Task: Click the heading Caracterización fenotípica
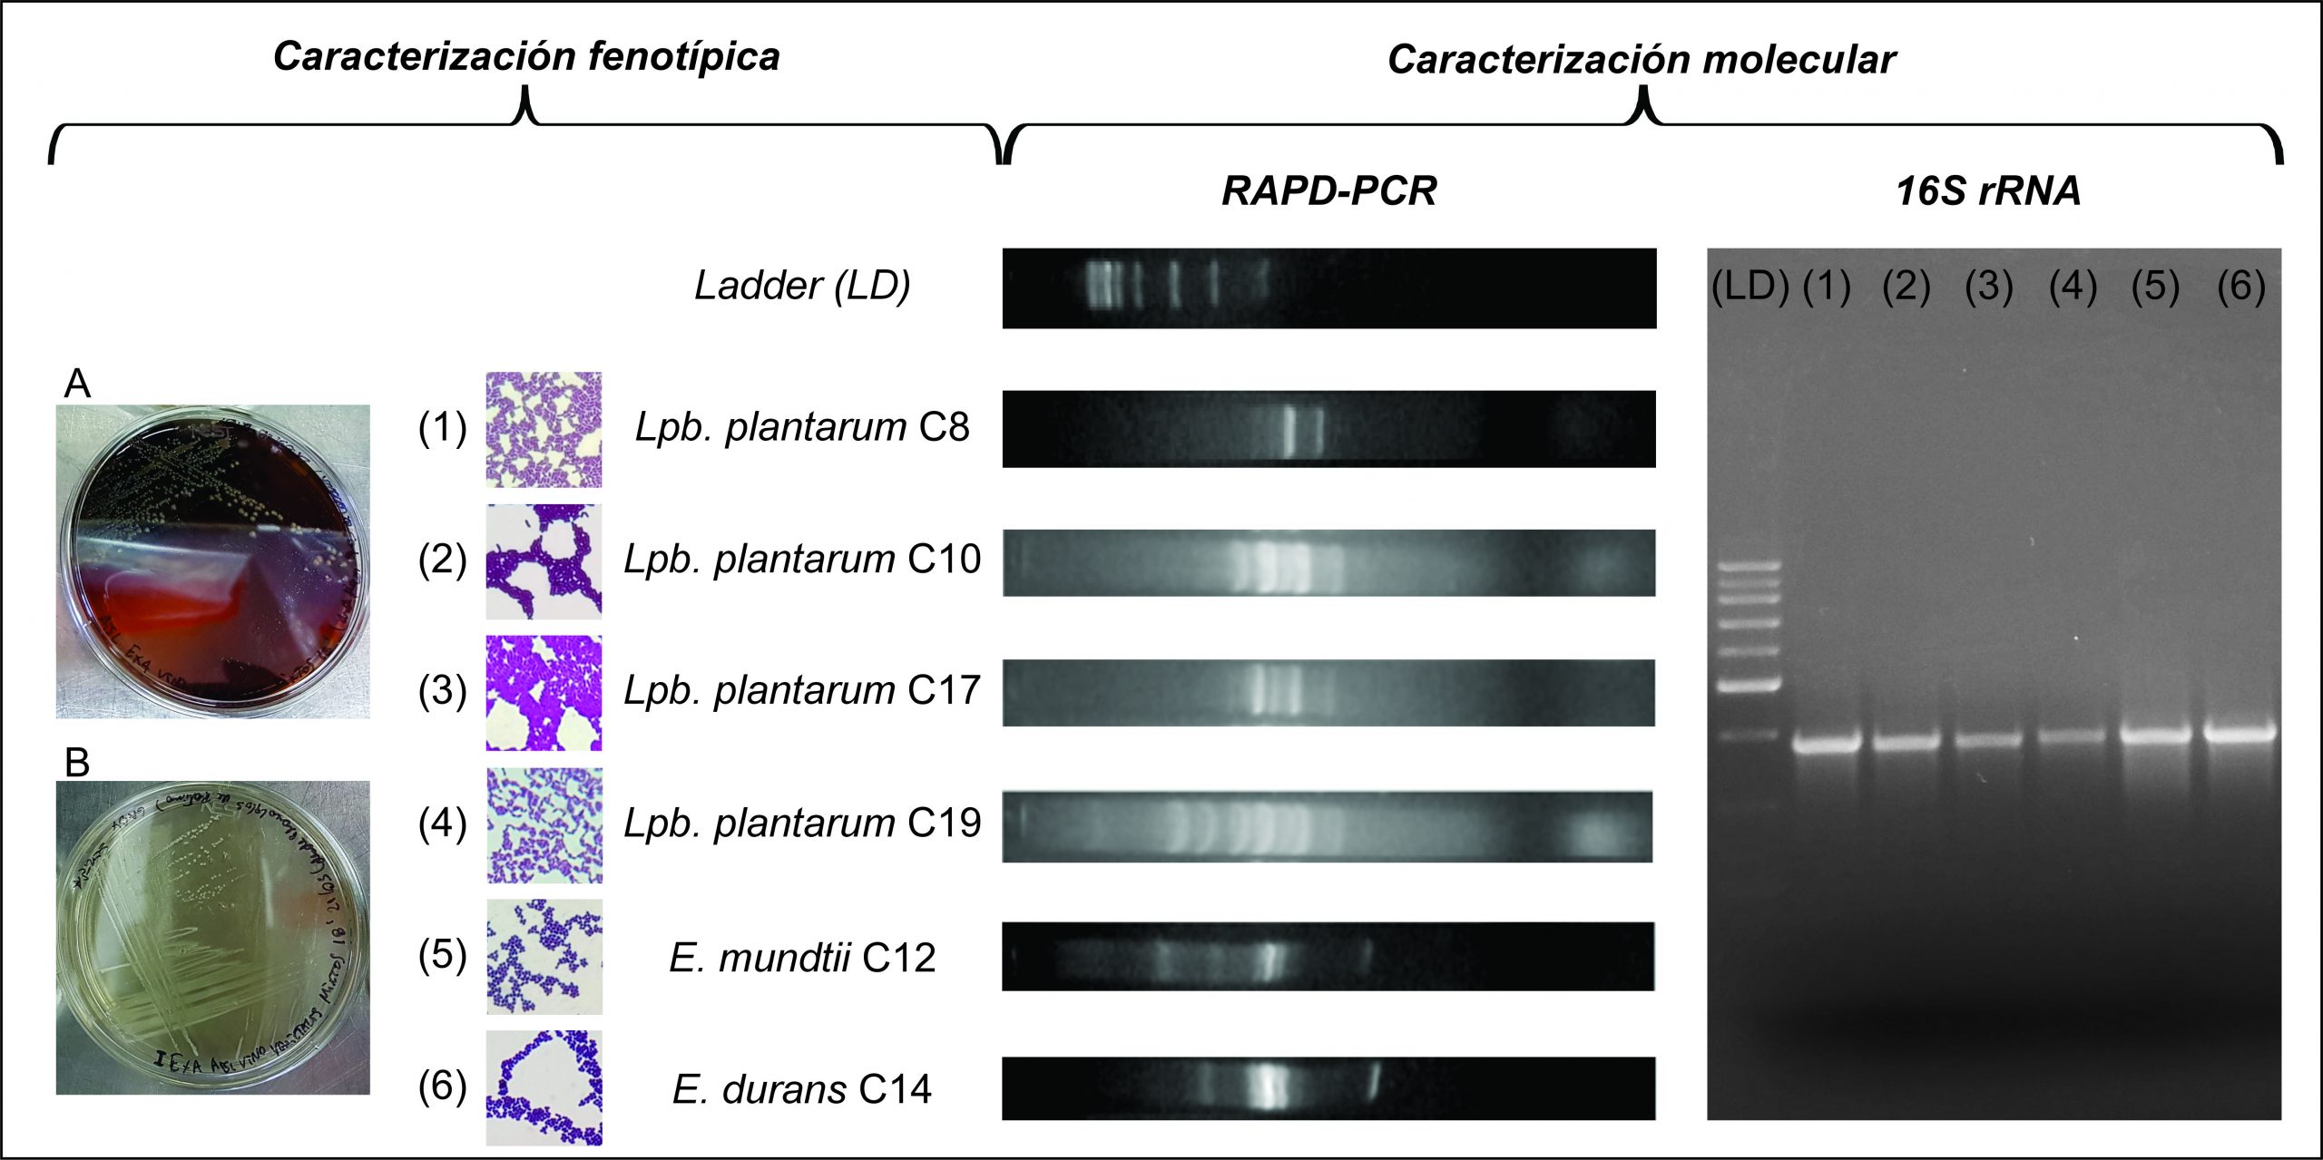pos(526,56)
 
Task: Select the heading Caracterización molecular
pos(1641,60)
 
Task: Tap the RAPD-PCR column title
pos(1328,191)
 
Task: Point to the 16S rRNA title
pos(1988,191)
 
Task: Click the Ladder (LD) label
pos(802,286)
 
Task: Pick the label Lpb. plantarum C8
pos(802,426)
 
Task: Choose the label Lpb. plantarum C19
pos(802,823)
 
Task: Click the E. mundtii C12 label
pos(802,958)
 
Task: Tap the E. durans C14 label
pos(802,1089)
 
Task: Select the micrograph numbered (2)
pos(544,561)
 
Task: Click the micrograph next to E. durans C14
pos(544,1087)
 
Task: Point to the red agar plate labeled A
pos(213,561)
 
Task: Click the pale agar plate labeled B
pos(213,937)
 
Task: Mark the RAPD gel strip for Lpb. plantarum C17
pos(1328,693)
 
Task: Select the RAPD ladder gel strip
pos(1328,288)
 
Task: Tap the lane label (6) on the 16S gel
pos(2240,287)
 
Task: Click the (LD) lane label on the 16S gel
pos(1749,287)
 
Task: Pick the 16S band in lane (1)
pos(1827,745)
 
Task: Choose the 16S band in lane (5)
pos(2156,735)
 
